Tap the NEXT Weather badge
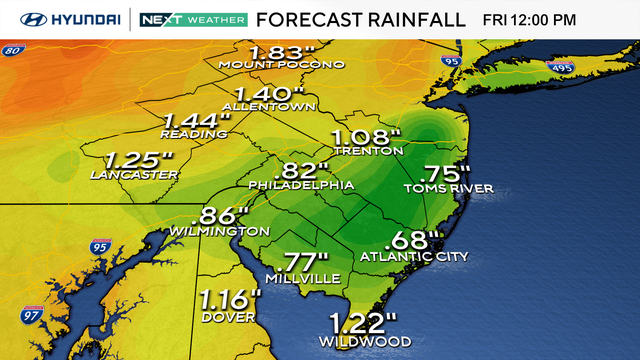coord(192,19)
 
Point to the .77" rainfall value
coord(305,262)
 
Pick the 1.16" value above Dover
coord(229,298)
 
